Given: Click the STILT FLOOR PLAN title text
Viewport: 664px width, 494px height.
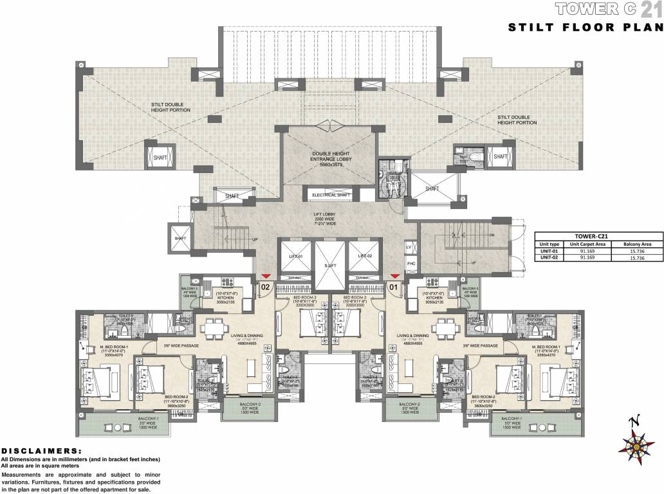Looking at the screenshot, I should pos(585,27).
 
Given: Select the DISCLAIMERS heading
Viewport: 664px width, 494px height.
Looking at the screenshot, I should pos(42,452).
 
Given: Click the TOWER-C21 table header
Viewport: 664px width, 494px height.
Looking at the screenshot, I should pos(598,236).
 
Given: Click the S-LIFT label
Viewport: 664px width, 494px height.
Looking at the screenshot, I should pos(330,265).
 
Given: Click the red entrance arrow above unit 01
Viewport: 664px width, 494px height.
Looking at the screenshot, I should pos(394,275).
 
